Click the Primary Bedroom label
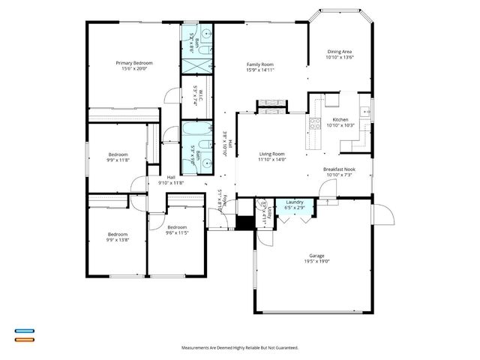tap(134, 63)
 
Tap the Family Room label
tap(259, 64)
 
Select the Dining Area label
tap(340, 51)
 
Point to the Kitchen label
tap(340, 120)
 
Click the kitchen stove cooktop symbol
tap(316, 124)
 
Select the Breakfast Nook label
tap(340, 169)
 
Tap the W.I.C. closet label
tap(194, 98)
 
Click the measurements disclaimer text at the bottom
tap(240, 348)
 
